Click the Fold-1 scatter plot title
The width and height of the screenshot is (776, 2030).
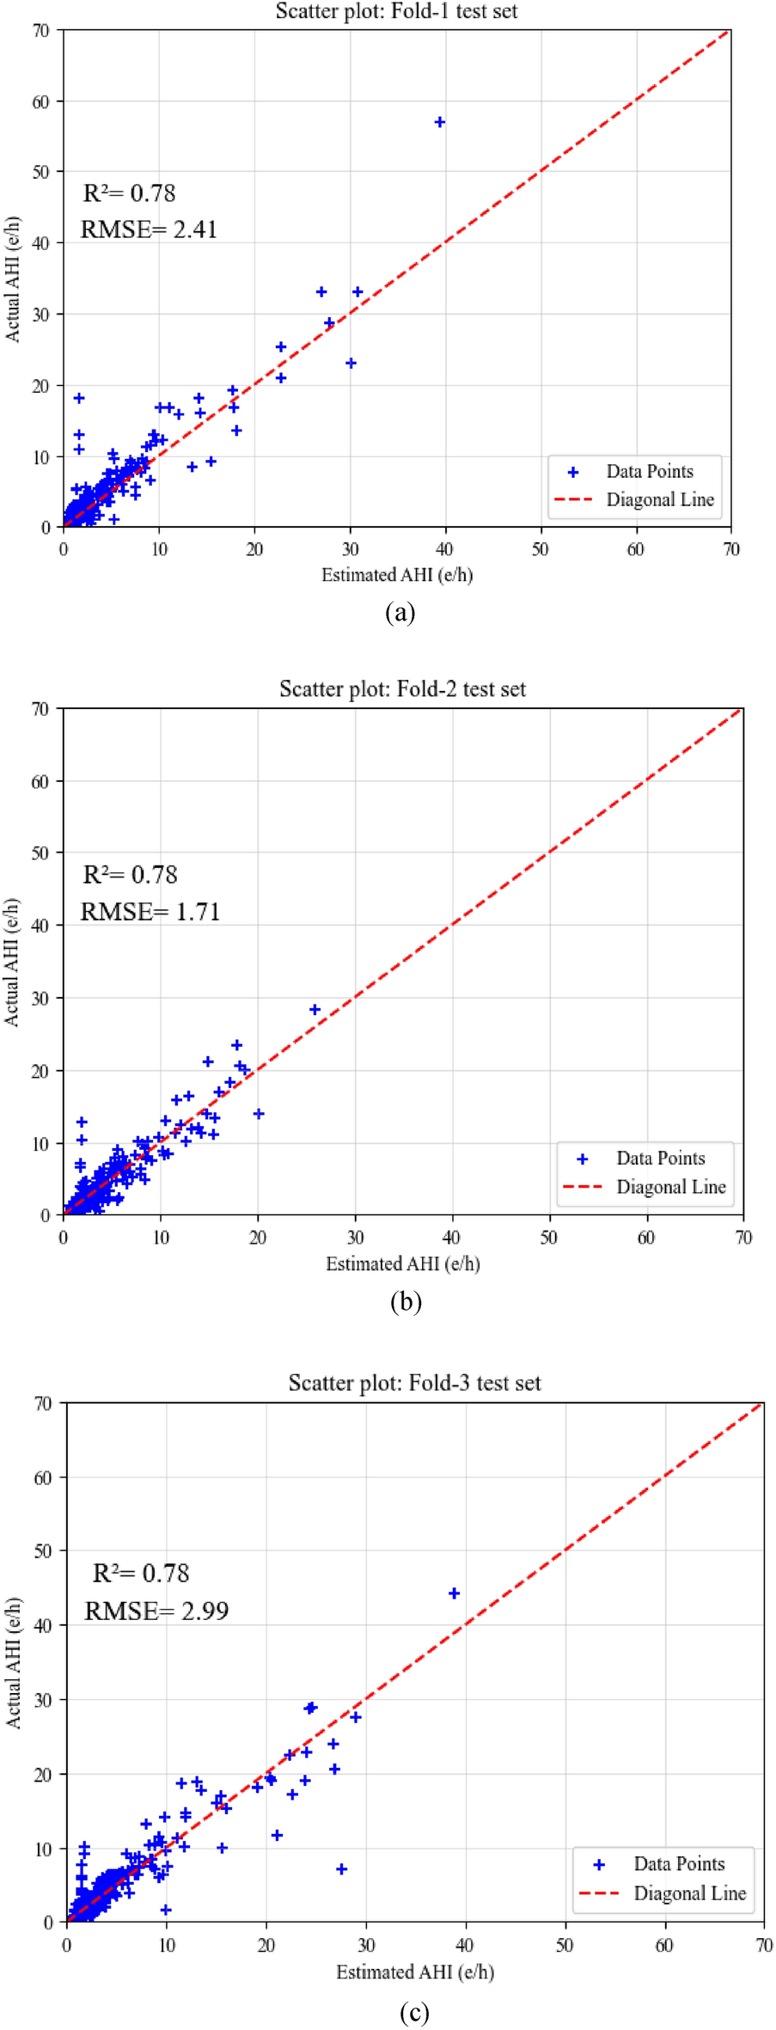(x=396, y=11)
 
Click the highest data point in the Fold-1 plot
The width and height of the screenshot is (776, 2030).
(x=440, y=122)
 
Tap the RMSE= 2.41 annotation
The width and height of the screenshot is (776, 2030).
(x=149, y=229)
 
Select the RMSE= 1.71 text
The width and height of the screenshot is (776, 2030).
(x=150, y=912)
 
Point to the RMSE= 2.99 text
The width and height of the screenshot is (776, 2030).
(x=156, y=1611)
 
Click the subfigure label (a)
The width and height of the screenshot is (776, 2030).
(x=400, y=613)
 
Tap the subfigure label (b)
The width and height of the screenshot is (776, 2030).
(x=406, y=1302)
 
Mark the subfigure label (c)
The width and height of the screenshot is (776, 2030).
(x=414, y=2012)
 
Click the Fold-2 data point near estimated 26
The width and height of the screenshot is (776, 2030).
(x=315, y=1010)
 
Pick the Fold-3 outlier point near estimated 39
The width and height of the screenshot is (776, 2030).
(x=455, y=1593)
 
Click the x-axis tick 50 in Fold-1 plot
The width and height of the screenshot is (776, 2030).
(x=540, y=549)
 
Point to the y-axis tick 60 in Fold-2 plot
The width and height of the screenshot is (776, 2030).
(x=40, y=781)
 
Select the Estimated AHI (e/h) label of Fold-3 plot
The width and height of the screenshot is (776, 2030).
(x=414, y=1972)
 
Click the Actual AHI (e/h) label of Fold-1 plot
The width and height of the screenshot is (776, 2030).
(x=13, y=279)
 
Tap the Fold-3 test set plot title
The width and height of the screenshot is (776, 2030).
(x=414, y=1383)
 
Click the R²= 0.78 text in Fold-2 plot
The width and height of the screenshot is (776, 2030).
(x=130, y=875)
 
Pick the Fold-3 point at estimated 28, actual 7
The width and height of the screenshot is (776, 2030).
(x=341, y=1869)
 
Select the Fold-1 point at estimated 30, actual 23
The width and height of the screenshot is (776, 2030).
(x=351, y=363)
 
